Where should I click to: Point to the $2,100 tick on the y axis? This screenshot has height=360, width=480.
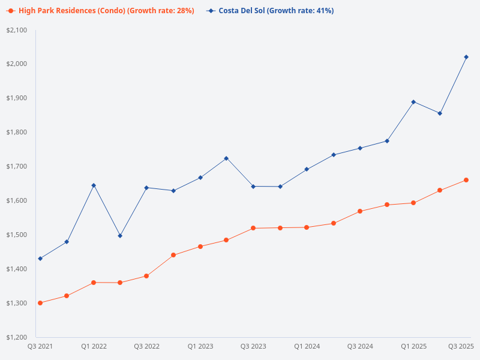pyautogui.click(x=20, y=30)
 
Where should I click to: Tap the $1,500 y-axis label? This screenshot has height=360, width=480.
pyautogui.click(x=20, y=235)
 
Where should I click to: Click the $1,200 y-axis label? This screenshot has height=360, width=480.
pyautogui.click(x=20, y=337)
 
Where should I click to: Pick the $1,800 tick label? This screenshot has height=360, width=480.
pyautogui.click(x=20, y=132)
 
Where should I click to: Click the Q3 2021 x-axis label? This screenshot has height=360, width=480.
pyautogui.click(x=40, y=346)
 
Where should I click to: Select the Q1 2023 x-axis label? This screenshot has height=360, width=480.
pyautogui.click(x=200, y=346)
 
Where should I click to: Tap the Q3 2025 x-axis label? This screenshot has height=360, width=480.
pyautogui.click(x=461, y=346)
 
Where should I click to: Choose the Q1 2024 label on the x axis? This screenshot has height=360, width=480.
pyautogui.click(x=307, y=346)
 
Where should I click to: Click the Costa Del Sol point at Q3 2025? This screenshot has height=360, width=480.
pyautogui.click(x=466, y=57)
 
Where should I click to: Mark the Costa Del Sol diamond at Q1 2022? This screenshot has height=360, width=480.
pyautogui.click(x=94, y=185)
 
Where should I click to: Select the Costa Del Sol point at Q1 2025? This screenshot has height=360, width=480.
pyautogui.click(x=413, y=102)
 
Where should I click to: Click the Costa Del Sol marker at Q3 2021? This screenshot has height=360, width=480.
pyautogui.click(x=40, y=259)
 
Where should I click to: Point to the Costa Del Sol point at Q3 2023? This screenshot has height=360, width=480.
pyautogui.click(x=253, y=187)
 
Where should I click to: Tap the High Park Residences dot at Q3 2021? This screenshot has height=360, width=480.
pyautogui.click(x=40, y=303)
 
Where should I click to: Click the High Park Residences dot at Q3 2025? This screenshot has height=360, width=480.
pyautogui.click(x=466, y=180)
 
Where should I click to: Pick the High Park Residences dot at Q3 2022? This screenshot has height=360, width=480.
pyautogui.click(x=146, y=276)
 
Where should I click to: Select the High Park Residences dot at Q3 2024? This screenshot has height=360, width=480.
pyautogui.click(x=360, y=211)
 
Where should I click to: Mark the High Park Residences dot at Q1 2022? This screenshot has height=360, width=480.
pyautogui.click(x=94, y=283)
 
